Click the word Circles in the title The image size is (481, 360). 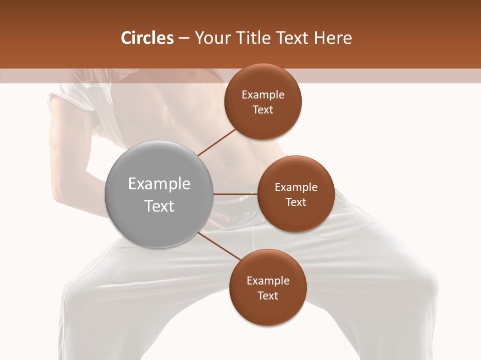coord(147,38)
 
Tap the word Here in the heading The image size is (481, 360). coord(333,38)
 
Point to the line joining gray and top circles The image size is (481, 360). coord(217,142)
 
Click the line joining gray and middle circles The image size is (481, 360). coord(235,194)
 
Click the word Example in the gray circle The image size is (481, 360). coord(159,184)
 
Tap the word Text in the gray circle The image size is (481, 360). coord(159,206)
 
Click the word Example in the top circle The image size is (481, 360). coord(263,95)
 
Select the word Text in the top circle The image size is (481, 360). coord(263,110)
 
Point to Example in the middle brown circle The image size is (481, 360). coord(296,187)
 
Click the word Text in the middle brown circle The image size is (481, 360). coord(296,202)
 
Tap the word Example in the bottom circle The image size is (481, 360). coord(268,281)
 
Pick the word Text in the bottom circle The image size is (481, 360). coord(268,296)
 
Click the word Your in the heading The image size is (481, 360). coord(209,38)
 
